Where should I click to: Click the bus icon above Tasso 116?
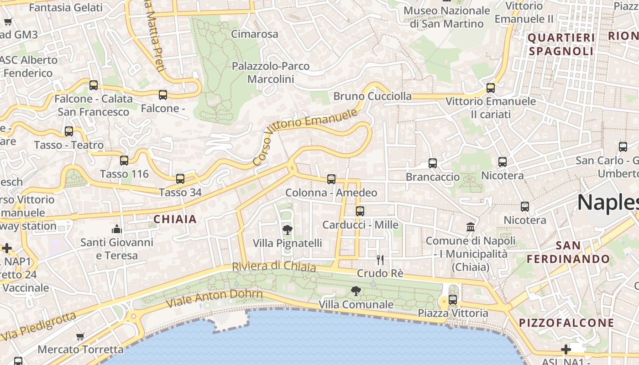[x=124, y=161]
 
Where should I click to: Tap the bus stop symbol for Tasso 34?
[x=180, y=179]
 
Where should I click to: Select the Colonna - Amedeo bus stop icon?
[x=331, y=179]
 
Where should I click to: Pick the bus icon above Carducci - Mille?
[x=360, y=211]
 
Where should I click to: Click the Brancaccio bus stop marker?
[x=433, y=163]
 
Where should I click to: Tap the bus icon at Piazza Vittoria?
[x=453, y=300]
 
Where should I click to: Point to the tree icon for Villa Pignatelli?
[x=288, y=229]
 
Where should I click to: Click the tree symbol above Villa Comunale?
[x=356, y=291]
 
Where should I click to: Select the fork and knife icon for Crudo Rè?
[x=380, y=260]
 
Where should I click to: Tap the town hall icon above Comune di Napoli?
[x=471, y=227]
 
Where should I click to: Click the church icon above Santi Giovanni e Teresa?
[x=117, y=229]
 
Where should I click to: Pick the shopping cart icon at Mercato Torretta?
[x=80, y=337]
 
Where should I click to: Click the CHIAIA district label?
[x=175, y=219]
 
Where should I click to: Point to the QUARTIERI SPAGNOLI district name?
[x=561, y=44]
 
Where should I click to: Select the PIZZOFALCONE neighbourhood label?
[x=566, y=323]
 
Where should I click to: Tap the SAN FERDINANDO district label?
[x=568, y=252]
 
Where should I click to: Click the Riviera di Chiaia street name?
[x=274, y=266]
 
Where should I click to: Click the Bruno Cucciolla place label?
[x=372, y=96]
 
